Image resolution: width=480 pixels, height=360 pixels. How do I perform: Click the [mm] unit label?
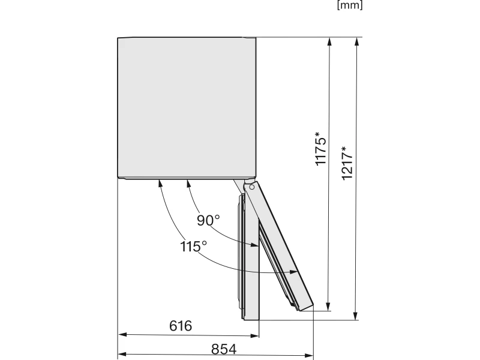[x=350, y=5]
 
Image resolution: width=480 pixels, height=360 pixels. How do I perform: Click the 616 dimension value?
[x=181, y=326]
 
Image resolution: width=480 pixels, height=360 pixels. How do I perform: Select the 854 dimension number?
[x=224, y=349]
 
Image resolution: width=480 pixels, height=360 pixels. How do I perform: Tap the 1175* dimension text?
[x=320, y=149]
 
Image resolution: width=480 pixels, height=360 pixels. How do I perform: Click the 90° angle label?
[x=208, y=220]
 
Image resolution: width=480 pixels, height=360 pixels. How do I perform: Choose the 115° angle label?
[x=193, y=247]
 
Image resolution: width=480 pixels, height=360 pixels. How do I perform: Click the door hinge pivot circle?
[x=252, y=187]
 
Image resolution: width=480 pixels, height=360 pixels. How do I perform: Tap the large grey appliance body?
[x=187, y=107]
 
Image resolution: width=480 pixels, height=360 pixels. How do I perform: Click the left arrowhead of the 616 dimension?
[x=122, y=335]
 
